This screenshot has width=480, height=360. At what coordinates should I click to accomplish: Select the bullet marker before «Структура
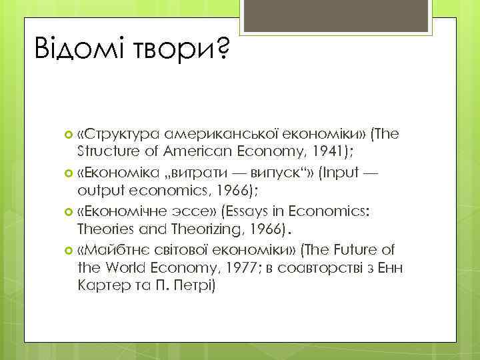(x=71, y=135)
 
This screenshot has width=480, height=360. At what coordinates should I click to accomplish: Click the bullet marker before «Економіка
(x=71, y=173)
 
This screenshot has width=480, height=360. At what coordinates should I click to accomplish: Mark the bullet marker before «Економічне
(x=71, y=211)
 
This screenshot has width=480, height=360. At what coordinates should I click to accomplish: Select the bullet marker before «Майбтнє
(x=71, y=250)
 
